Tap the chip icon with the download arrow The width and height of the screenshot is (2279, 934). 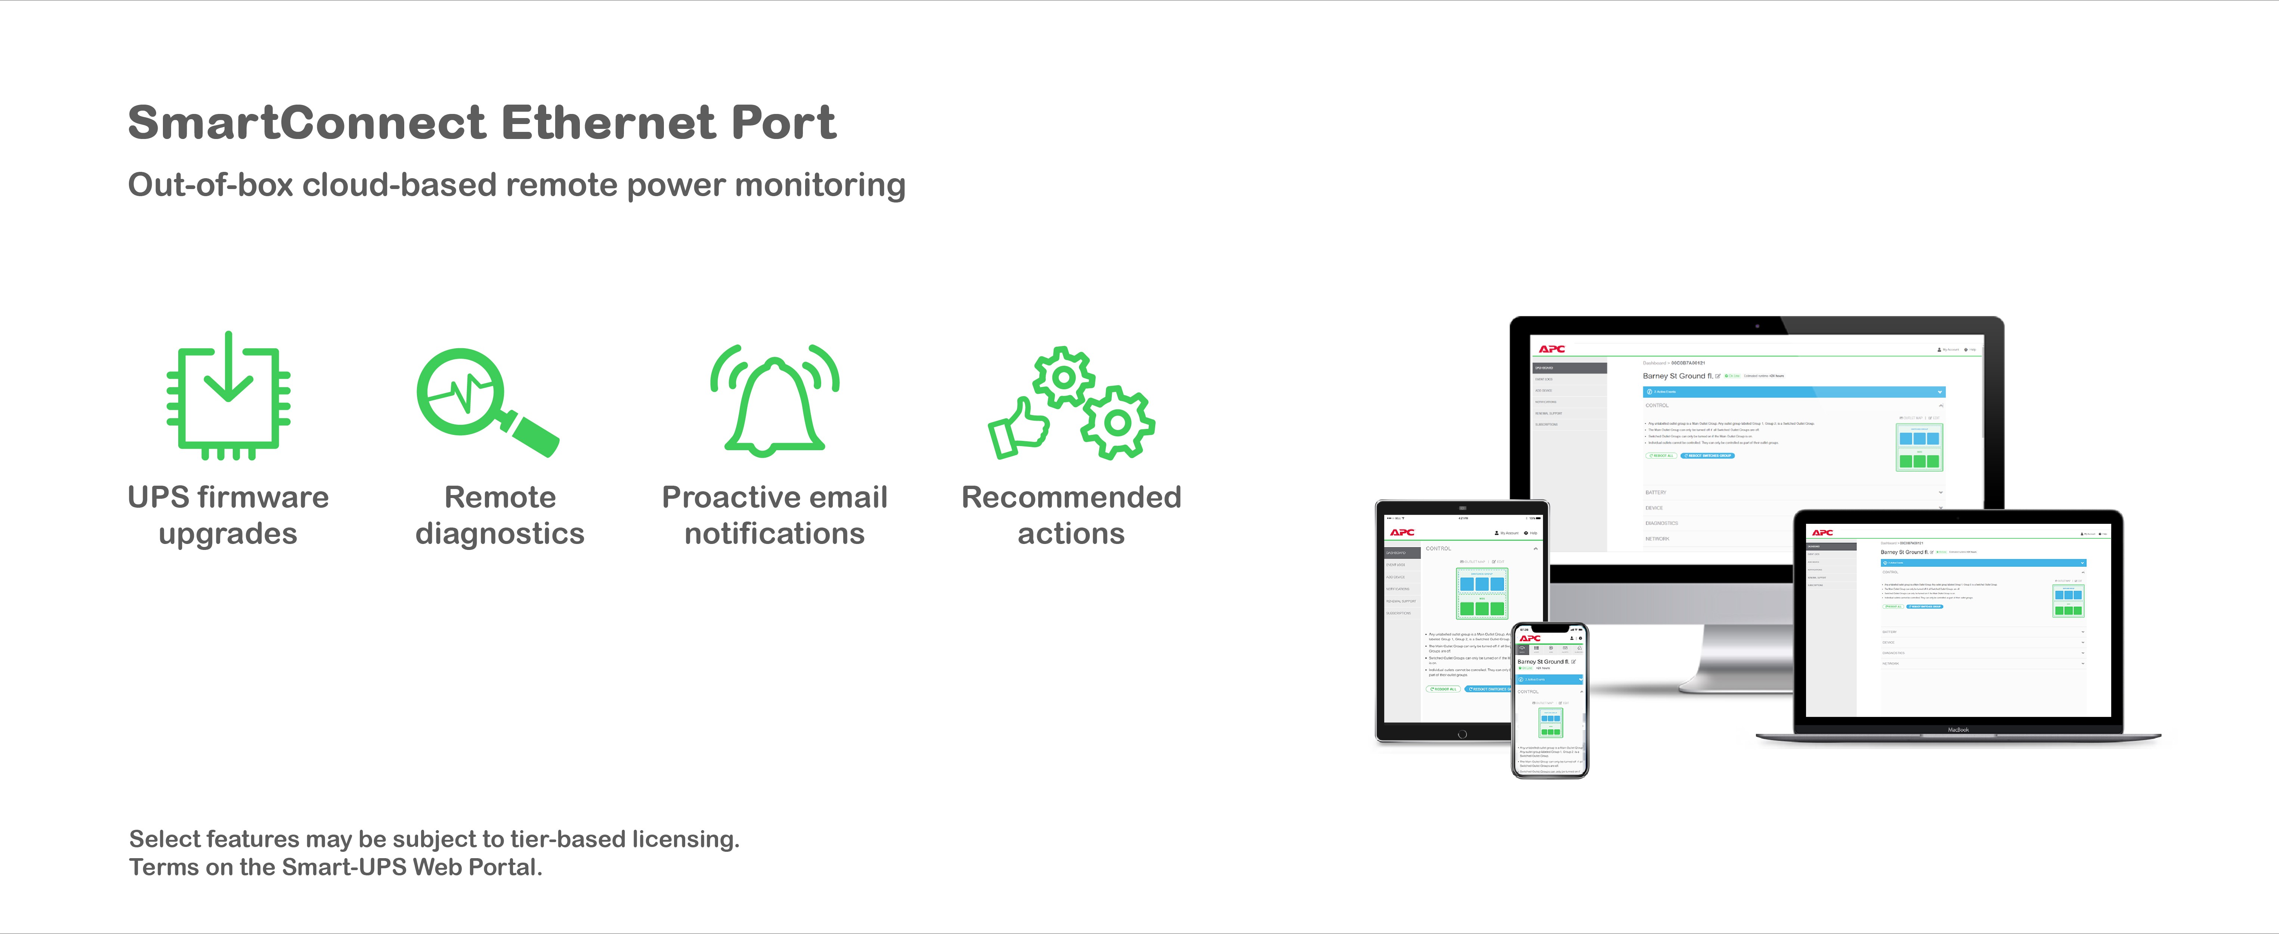[228, 396]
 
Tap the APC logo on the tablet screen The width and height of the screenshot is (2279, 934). [1402, 532]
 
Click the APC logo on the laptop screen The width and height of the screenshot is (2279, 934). [1822, 532]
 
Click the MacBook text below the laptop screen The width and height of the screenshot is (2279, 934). [1958, 730]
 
